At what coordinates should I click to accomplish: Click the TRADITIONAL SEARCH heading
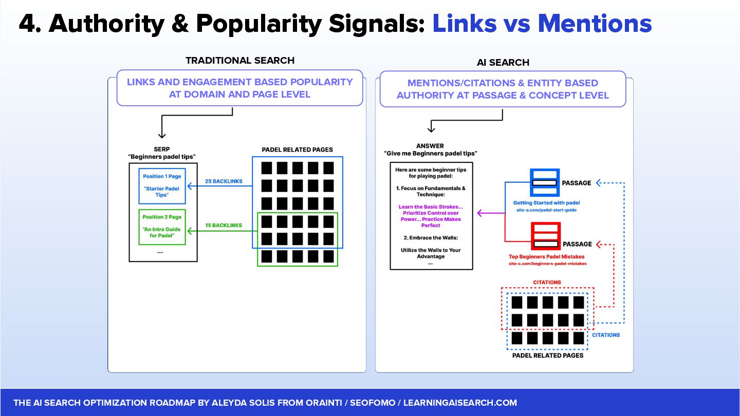240,61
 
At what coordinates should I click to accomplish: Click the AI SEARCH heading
503,63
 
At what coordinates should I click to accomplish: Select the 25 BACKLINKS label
224,181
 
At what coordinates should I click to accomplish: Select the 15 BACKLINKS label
224,225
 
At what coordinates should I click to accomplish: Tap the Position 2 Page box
162,226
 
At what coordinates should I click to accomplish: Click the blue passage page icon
544,182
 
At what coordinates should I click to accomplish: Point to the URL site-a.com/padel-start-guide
546,210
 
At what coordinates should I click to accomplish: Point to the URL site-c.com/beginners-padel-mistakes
547,263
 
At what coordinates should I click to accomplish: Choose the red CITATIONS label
547,282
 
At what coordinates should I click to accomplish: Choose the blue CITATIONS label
606,335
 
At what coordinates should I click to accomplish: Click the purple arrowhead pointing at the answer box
480,213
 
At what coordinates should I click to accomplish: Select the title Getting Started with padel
546,203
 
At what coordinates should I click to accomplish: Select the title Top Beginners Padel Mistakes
547,256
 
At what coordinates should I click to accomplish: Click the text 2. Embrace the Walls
431,238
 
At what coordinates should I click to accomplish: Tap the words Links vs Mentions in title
542,24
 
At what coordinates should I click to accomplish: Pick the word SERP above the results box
162,149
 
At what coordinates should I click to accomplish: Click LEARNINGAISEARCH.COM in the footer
460,403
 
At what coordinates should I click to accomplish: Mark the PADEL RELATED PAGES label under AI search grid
548,355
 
